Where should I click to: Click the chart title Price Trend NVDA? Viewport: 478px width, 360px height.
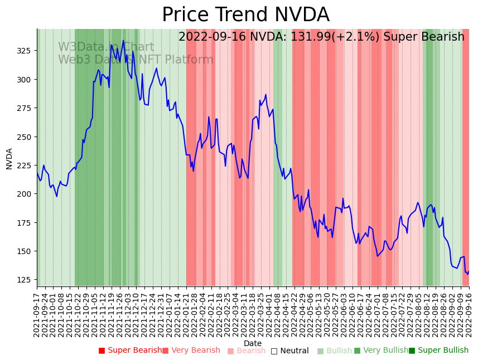[245, 15]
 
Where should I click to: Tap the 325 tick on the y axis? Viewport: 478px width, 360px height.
[26, 51]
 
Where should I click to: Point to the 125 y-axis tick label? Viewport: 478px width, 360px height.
[26, 280]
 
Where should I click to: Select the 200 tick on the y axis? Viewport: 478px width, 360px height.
[26, 194]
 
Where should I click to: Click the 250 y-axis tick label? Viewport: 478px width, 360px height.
[26, 137]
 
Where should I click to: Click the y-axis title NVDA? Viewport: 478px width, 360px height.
[9, 159]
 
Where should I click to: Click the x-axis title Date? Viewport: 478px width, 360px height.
[253, 343]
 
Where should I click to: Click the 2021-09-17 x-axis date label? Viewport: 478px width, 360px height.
[37, 313]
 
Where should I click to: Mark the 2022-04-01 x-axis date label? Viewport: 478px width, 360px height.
[269, 313]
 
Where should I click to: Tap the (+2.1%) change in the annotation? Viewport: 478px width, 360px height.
[359, 37]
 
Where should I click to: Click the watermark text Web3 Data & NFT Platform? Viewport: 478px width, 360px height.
[136, 60]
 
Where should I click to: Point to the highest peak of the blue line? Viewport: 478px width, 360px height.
[123, 41]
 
